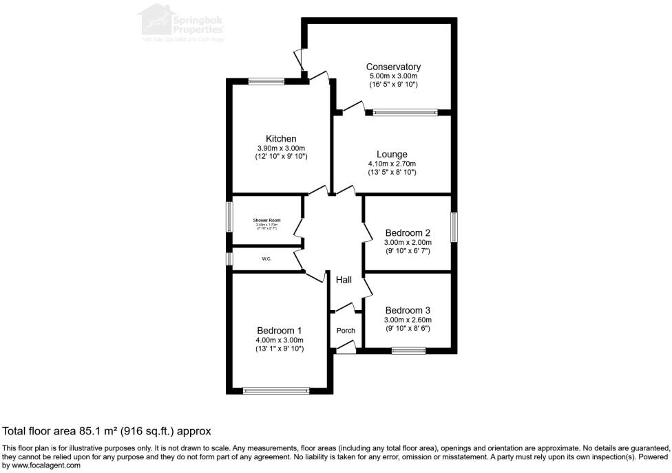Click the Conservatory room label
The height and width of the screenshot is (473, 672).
pos(393,67)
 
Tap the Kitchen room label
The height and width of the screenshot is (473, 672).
pos(281,139)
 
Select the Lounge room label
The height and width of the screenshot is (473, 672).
pos(392,154)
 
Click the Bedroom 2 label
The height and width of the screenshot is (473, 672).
pos(408,232)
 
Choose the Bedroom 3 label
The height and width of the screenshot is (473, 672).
pos(408,309)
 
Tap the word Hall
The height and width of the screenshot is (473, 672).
pos(344,280)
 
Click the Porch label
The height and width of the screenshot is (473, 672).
pos(346,331)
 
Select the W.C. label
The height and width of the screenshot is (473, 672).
pos(266,259)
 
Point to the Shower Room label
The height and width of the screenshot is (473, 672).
pos(266,220)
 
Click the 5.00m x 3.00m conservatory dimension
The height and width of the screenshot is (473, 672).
pos(393,76)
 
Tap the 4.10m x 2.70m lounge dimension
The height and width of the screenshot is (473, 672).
pos(392,164)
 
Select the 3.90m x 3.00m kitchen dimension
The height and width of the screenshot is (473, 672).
pos(281,148)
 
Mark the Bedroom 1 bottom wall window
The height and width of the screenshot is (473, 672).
pos(276,390)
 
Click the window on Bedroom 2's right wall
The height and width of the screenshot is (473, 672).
pos(454,227)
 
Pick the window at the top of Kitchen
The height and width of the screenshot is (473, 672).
pos(266,81)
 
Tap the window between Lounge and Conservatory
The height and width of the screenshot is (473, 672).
pos(404,112)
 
